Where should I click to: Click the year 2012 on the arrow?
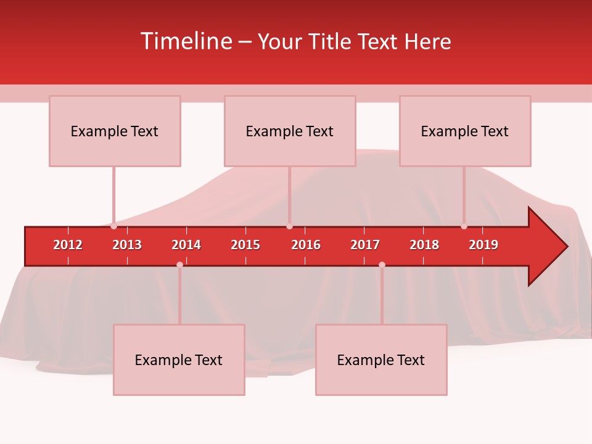click(68, 245)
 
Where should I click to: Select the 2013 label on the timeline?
click(127, 245)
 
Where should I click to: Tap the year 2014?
click(186, 245)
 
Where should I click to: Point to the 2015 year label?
click(245, 245)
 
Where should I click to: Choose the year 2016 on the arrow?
click(306, 245)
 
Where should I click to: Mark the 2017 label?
click(365, 245)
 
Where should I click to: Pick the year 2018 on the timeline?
click(424, 245)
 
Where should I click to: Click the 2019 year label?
click(483, 245)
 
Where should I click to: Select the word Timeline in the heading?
click(185, 41)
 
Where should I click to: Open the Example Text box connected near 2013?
click(115, 131)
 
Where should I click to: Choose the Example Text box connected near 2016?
click(290, 131)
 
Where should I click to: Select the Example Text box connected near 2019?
click(465, 131)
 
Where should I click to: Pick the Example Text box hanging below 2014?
click(179, 360)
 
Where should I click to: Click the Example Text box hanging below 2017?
click(381, 360)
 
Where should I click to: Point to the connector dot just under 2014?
click(179, 265)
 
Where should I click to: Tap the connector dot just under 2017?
click(382, 265)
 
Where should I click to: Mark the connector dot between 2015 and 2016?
click(289, 226)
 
